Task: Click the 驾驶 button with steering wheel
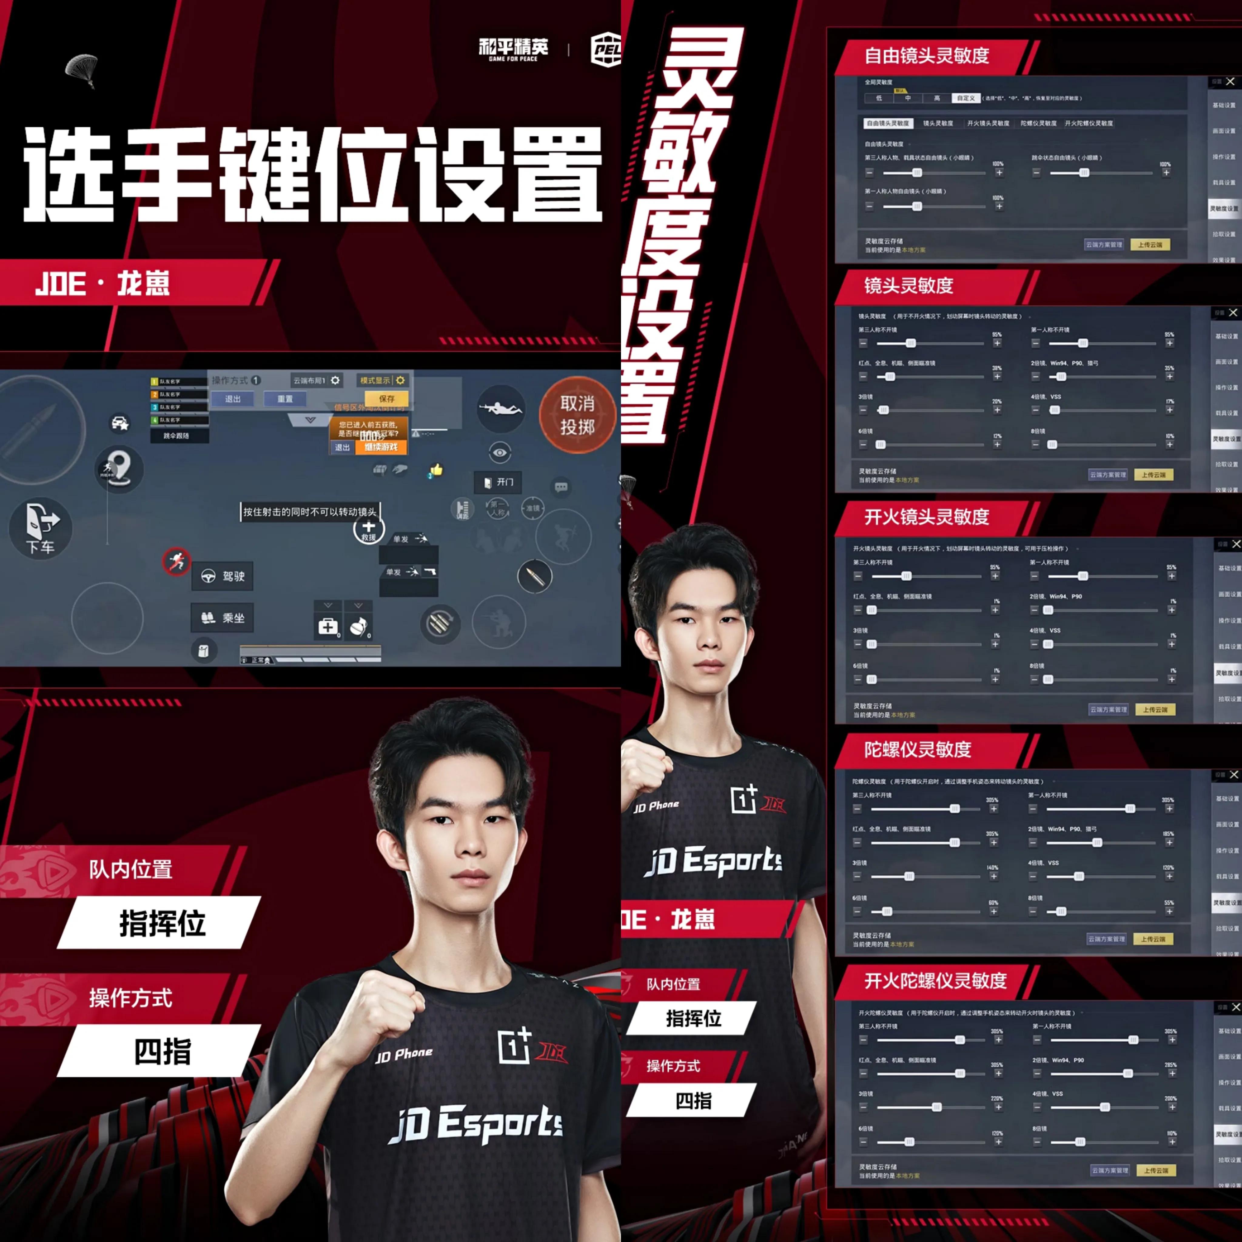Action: click(x=223, y=576)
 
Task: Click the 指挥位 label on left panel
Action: click(x=162, y=923)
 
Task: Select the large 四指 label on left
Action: click(x=162, y=1052)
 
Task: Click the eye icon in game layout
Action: click(x=499, y=453)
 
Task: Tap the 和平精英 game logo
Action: click(x=513, y=49)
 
